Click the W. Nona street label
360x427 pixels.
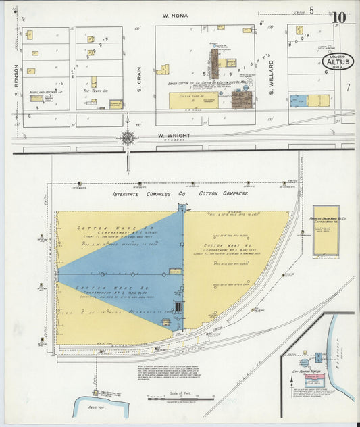tap(175, 15)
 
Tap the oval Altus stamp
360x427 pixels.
tap(337, 62)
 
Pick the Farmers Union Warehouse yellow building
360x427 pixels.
tap(326, 230)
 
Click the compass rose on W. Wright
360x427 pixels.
tap(127, 139)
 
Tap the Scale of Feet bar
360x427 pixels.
tap(172, 397)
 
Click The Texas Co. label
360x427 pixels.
tap(90, 91)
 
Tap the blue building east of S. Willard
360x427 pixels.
tap(298, 101)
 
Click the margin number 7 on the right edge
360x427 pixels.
tap(348, 87)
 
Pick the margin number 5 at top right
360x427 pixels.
tap(311, 9)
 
